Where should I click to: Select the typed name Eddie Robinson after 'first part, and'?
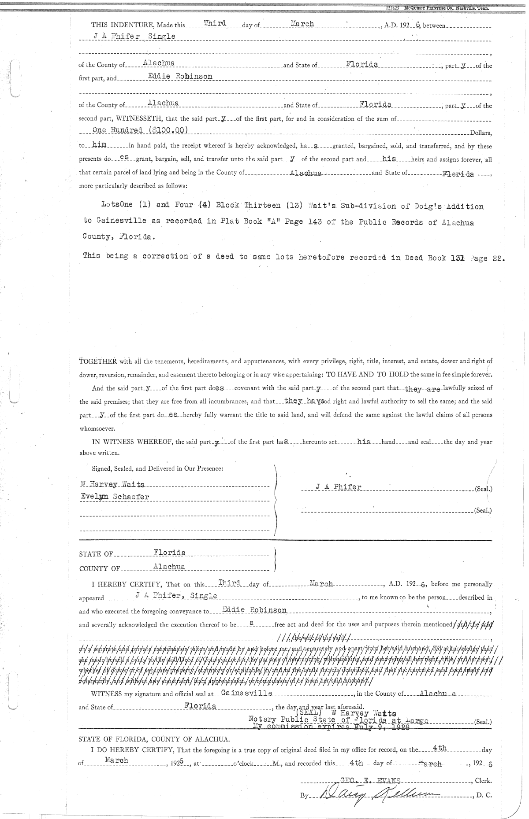(x=180, y=76)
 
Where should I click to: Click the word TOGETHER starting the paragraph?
(x=97, y=362)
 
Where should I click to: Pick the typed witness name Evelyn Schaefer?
(x=114, y=497)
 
